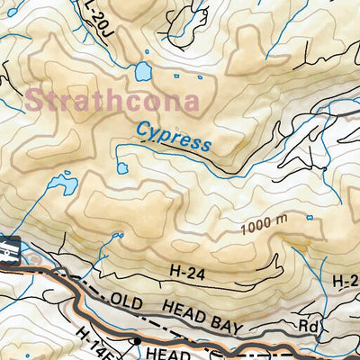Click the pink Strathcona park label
coord(112,99)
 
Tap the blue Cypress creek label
coord(174,138)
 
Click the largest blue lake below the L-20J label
coord(141,71)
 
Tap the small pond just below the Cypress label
coord(122,168)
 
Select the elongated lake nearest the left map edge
coord(62,185)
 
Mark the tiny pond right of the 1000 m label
coord(310,217)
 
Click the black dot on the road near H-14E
coord(135,342)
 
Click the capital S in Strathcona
coord(37,99)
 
